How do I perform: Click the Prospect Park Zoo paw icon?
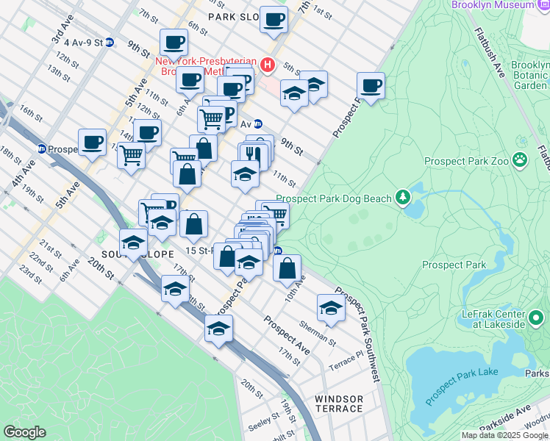pos(520,159)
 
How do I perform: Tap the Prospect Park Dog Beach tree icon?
pos(402,197)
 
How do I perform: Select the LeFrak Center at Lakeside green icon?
pos(536,318)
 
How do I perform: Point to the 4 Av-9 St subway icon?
pos(110,42)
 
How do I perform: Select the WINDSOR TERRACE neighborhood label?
pos(339,404)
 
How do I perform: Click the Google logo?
pos(24,431)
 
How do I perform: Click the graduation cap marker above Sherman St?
pos(331,308)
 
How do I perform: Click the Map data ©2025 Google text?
pos(504,435)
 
